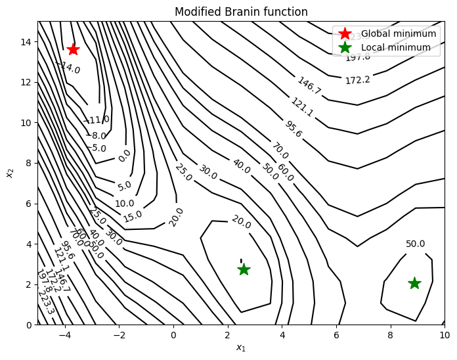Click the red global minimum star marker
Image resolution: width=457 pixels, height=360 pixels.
[73, 49]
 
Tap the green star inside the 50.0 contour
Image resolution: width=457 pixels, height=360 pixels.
[414, 282]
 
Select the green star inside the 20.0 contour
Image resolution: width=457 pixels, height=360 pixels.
[244, 269]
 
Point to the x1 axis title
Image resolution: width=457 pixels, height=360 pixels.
[241, 348]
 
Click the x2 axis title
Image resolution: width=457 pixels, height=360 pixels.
[10, 173]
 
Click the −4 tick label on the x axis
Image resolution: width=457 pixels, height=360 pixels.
[64, 334]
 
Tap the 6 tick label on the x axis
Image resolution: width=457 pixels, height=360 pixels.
[336, 334]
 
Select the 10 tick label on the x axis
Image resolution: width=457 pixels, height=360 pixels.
[445, 334]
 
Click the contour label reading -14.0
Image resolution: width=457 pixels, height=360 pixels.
[69, 68]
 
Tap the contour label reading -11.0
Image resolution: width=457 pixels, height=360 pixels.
[98, 120]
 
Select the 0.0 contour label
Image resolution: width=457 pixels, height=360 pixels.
[124, 156]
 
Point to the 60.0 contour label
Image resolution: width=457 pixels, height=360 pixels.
[284, 171]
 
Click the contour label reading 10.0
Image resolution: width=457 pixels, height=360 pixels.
[124, 204]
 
